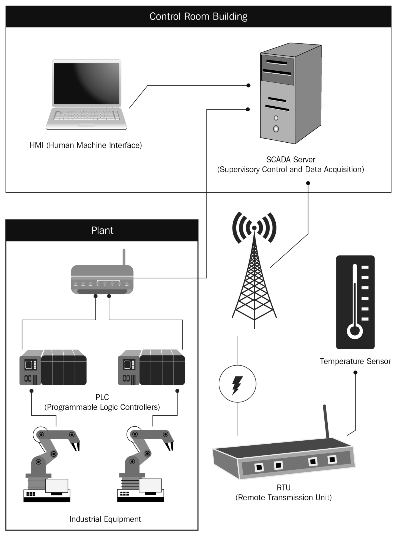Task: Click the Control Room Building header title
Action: click(198, 16)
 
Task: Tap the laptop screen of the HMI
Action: click(87, 84)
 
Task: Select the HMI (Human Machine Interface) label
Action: click(86, 145)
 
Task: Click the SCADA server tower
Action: click(291, 93)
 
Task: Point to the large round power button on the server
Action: click(276, 129)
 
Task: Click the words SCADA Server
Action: click(291, 159)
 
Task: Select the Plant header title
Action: click(102, 230)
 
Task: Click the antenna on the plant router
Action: click(124, 257)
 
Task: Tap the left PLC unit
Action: click(53, 367)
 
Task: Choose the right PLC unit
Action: click(151, 367)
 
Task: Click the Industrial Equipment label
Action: click(105, 519)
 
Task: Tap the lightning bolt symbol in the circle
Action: click(237, 385)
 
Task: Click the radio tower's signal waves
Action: click(254, 228)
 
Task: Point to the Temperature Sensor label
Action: click(355, 361)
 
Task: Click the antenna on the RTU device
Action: click(326, 421)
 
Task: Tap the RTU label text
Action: click(283, 487)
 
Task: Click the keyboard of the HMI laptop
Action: click(87, 116)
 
